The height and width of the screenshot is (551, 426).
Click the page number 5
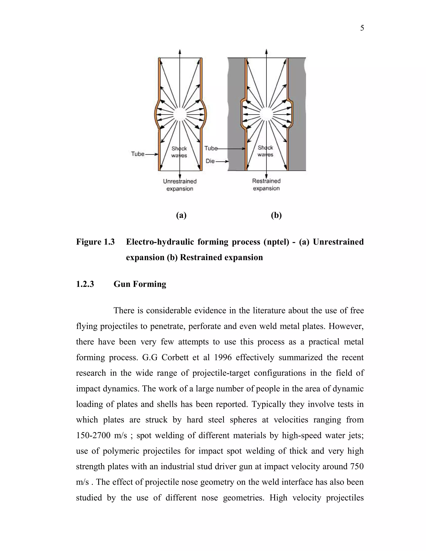tap(362, 28)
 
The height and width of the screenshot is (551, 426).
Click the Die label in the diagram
tap(210, 161)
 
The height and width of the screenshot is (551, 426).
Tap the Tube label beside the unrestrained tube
tap(137, 154)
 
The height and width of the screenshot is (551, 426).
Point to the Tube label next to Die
tap(211, 148)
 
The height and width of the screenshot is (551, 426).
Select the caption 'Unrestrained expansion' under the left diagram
tap(180, 185)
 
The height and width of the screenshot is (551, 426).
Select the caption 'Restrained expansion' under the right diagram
tap(266, 185)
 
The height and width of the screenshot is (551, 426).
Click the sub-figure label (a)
tap(181, 215)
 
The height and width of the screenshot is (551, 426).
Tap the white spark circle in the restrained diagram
tap(266, 114)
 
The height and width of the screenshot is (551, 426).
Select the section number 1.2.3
tap(85, 284)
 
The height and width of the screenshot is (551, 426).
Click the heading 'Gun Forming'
tap(140, 284)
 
